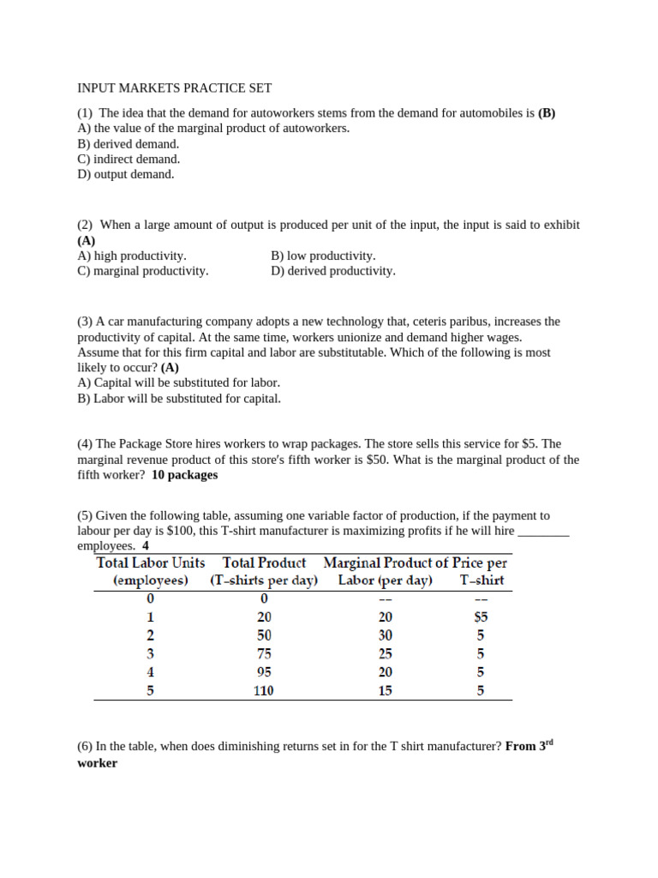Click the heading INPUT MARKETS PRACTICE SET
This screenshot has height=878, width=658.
coord(174,88)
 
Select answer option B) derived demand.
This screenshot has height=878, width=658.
coord(128,144)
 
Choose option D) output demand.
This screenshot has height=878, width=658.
coord(125,174)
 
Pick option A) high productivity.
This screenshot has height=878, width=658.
coord(131,256)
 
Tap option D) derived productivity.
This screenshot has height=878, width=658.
coord(332,271)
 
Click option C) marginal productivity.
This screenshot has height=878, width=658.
coord(142,271)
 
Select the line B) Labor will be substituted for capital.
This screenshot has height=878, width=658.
coord(178,398)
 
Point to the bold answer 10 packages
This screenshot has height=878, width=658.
coord(184,475)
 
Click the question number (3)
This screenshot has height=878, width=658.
coord(85,322)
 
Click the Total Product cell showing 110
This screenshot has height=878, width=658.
coord(263,690)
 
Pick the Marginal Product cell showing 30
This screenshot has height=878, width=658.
coord(385,635)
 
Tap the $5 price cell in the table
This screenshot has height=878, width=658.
coord(481,617)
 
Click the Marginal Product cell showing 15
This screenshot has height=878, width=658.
coord(385,690)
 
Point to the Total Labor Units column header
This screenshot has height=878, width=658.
coord(151,572)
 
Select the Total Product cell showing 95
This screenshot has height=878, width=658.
coord(263,672)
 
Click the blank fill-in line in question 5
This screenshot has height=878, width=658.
coord(544,532)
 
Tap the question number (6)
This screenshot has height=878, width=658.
coord(85,747)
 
